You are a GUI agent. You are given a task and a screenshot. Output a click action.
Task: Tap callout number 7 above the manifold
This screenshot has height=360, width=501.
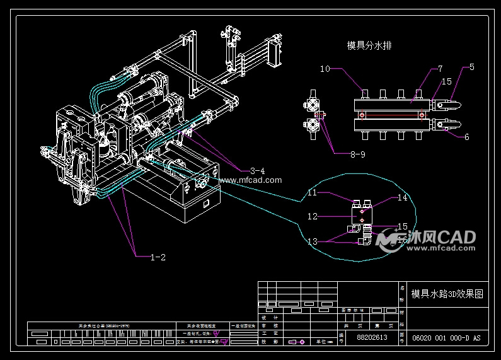pyautogui.click(x=439, y=68)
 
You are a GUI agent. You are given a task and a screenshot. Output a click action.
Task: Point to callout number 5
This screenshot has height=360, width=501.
pyautogui.click(x=471, y=66)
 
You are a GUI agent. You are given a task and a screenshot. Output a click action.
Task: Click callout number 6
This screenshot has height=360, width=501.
pyautogui.click(x=466, y=137)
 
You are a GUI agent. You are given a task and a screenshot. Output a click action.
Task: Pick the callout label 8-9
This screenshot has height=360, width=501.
pyautogui.click(x=340, y=153)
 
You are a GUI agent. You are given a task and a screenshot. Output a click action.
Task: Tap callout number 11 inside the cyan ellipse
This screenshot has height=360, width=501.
pyautogui.click(x=313, y=193)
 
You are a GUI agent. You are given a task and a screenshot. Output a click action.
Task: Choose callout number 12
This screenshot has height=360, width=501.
pyautogui.click(x=313, y=216)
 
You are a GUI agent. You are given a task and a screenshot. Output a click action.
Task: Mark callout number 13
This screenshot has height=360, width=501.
pyautogui.click(x=313, y=241)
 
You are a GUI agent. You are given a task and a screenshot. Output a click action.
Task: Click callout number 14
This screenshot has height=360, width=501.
pyautogui.click(x=402, y=198)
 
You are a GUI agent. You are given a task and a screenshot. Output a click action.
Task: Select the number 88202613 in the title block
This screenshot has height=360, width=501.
pyautogui.click(x=372, y=338)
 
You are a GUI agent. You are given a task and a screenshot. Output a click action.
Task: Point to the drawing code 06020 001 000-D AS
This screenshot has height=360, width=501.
pyautogui.click(x=446, y=338)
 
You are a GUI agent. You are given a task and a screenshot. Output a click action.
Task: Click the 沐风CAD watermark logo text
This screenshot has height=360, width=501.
pyautogui.click(x=441, y=237)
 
